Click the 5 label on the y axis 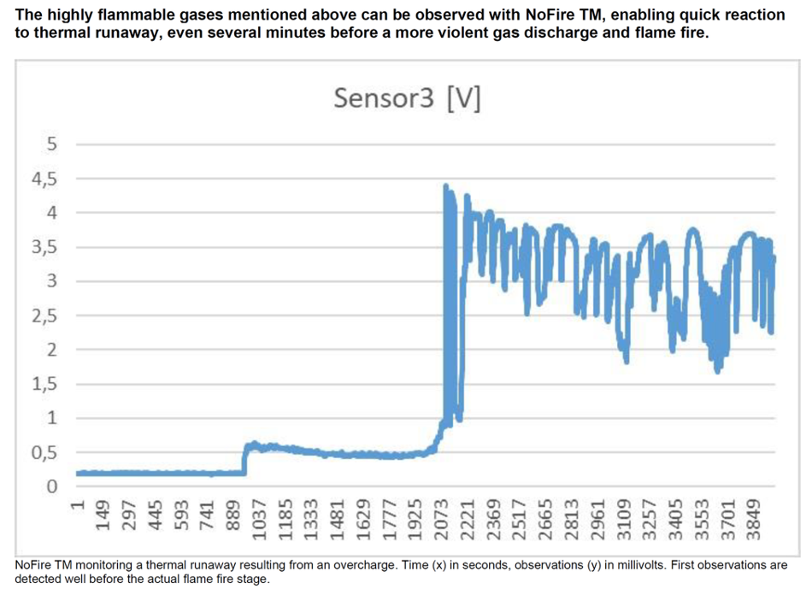pyautogui.click(x=52, y=144)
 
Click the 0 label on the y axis pyautogui.click(x=52, y=486)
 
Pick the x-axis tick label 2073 pyautogui.click(x=442, y=516)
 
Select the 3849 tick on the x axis pyautogui.click(x=753, y=516)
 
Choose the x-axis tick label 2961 pyautogui.click(x=597, y=516)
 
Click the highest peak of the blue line pyautogui.click(x=445, y=186)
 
